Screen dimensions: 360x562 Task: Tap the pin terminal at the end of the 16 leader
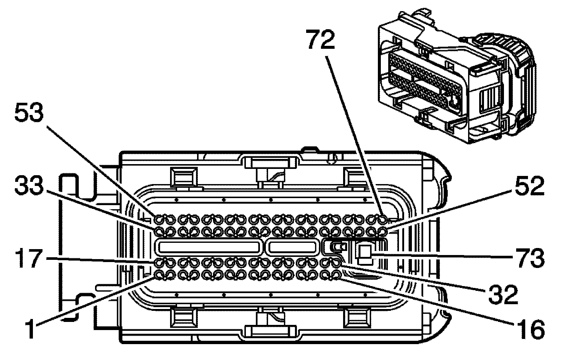coord(336,275)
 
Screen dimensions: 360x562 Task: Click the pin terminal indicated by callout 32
coord(336,263)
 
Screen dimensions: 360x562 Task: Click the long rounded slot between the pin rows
coord(209,247)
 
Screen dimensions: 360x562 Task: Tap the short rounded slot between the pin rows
coord(292,247)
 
